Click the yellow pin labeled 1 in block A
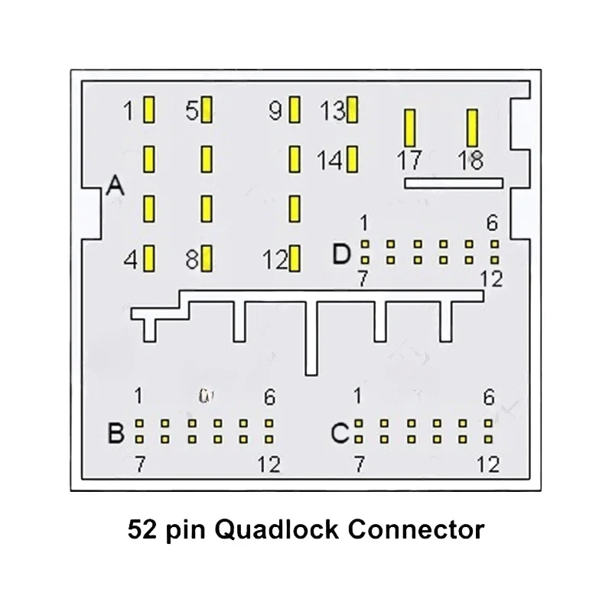tap(149, 111)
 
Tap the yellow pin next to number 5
tap(207, 111)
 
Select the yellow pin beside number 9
tap(295, 111)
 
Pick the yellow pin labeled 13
tap(352, 111)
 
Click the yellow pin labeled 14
tap(352, 160)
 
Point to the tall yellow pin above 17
tap(410, 128)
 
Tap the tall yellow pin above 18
tap(472, 128)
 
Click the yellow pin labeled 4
tap(149, 259)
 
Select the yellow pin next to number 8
tap(207, 259)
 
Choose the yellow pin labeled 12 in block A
tap(295, 259)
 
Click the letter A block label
tap(116, 186)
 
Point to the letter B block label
tap(116, 434)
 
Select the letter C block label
tap(340, 434)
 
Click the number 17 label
tap(409, 161)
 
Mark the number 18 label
tap(470, 161)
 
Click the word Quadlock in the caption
tap(261, 529)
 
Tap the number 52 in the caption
tap(142, 529)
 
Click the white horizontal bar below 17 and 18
tap(453, 183)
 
